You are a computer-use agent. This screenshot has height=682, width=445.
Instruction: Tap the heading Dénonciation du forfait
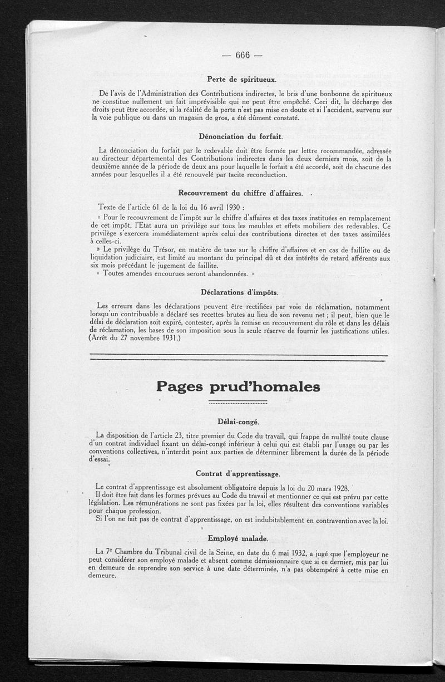[241, 136]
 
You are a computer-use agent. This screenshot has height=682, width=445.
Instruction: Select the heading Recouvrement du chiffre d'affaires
[241, 193]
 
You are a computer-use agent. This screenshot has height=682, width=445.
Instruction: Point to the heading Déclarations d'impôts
[239, 292]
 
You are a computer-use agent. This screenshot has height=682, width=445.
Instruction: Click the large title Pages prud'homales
[238, 386]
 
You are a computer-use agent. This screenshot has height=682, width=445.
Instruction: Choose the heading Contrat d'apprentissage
[238, 473]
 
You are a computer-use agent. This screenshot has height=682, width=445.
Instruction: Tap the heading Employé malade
[238, 538]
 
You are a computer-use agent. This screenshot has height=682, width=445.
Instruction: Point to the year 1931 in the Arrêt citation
[167, 338]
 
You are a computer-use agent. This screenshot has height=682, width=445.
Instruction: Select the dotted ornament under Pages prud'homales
[238, 401]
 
